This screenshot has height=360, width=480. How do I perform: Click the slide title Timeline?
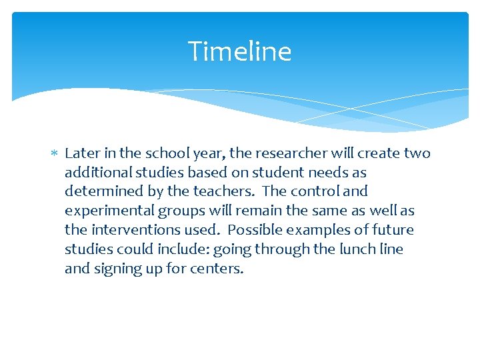click(239, 51)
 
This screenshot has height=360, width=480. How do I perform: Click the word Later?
click(82, 153)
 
